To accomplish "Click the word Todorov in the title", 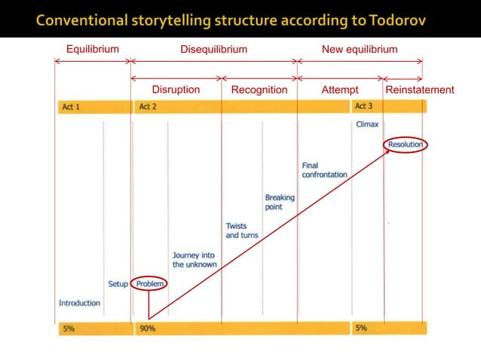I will coord(397,20).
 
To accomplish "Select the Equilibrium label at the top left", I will coord(92,50).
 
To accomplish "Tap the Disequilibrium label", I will coord(213,50).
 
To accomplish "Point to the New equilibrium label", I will coord(360,50).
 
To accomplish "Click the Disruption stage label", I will coord(176,90).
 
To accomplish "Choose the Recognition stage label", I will coord(259,90).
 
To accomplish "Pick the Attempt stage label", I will coord(340,90).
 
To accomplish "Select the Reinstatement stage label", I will coord(420,90).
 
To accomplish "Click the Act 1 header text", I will coord(70,107).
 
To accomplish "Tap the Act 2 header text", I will coord(148,107).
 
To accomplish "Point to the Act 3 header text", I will coord(364,107).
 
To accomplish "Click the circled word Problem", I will coord(149,284).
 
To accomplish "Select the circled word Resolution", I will coord(406,144).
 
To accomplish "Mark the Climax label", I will coord(367,124).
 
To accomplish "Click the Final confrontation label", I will coord(324,170).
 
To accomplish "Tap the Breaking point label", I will coord(280,203).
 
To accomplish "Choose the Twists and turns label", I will coord(242,230).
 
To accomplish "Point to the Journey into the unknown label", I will coord(194,260).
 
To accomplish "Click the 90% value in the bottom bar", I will coord(147,328).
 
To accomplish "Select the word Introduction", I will coord(79,303).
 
